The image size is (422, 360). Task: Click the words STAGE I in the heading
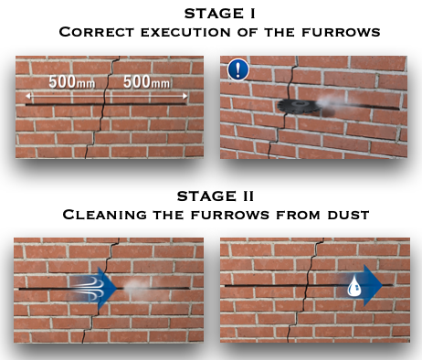[x=220, y=14]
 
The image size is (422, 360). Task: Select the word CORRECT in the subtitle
[x=97, y=32]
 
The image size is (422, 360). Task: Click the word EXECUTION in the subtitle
[x=185, y=32]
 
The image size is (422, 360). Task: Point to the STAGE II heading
[x=216, y=196]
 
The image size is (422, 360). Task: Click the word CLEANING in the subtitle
[x=104, y=215]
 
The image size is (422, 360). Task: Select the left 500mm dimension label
[x=72, y=81]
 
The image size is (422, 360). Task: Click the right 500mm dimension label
[x=146, y=81]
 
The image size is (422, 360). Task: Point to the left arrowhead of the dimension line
[x=28, y=96]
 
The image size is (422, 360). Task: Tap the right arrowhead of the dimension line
[x=185, y=96]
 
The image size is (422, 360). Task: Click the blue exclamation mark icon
[x=238, y=69]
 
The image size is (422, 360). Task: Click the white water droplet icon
[x=354, y=286]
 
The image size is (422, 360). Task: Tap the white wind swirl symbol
[x=90, y=288]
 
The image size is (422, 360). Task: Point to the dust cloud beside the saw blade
[x=331, y=101]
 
